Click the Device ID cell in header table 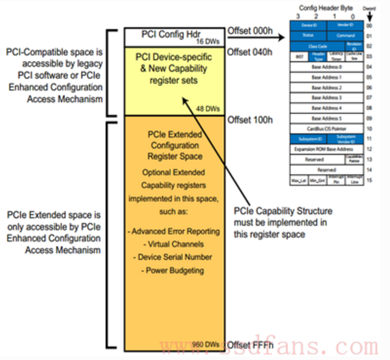[x=309, y=25]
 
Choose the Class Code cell [x=318, y=46]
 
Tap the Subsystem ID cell [x=309, y=139]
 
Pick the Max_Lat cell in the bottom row [x=299, y=181]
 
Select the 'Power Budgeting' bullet [x=175, y=270]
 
